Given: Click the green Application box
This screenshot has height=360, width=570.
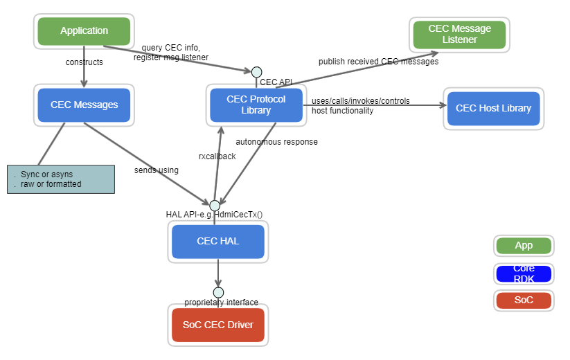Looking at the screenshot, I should [84, 31].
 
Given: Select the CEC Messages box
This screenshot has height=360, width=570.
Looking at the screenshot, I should [84, 105].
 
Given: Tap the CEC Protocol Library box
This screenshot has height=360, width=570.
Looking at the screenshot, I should [256, 105].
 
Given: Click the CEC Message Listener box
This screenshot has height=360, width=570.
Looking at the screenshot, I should [459, 35].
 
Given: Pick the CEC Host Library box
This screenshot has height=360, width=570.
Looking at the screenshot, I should [493, 109].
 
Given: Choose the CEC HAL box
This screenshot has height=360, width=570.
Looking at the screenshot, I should [217, 242].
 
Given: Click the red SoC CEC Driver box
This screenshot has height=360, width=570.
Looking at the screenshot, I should [217, 325].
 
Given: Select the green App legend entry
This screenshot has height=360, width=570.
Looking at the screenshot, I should [524, 246].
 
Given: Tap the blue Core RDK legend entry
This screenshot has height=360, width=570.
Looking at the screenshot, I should [524, 273].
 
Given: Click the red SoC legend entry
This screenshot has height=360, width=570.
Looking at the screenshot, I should [524, 300].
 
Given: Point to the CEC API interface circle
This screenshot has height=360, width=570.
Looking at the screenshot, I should [256, 71].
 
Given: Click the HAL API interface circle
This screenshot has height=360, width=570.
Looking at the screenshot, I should [215, 205].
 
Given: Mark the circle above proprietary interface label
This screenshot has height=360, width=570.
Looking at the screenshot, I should [218, 292].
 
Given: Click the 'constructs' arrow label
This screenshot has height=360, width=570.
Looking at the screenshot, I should [84, 62].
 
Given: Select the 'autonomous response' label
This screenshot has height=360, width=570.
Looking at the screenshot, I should [276, 142].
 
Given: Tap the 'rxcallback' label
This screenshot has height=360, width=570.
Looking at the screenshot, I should [217, 156].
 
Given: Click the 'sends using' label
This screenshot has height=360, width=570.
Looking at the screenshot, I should [156, 170].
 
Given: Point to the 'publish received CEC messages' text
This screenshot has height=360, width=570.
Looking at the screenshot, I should [378, 62].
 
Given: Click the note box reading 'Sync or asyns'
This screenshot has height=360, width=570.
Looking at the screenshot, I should [61, 179].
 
